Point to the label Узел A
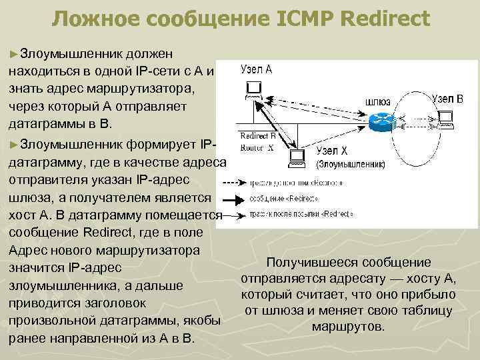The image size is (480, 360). tap(256, 69)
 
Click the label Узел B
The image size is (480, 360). tap(447, 99)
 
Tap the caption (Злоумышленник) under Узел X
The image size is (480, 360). tap(350, 164)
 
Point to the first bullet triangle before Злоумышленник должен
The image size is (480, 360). tap(14, 52)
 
